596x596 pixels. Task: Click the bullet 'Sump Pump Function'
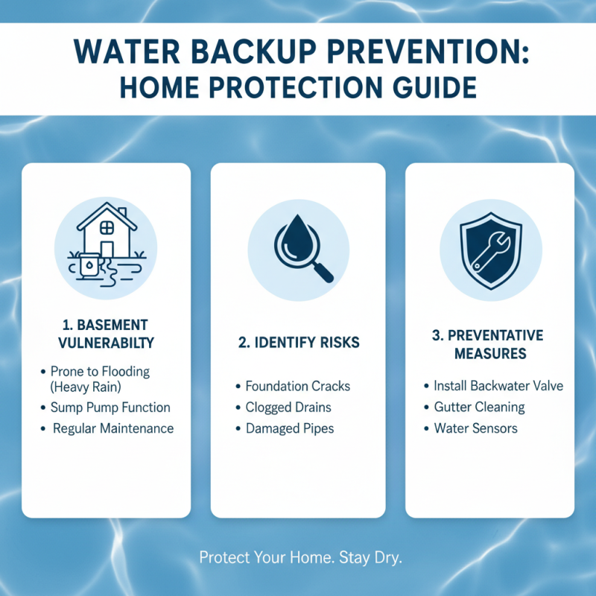point(110,408)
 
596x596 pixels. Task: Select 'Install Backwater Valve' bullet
point(498,386)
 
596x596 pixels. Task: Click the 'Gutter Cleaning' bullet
point(479,408)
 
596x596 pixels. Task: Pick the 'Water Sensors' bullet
point(475,428)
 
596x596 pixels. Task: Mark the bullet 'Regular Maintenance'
point(113,428)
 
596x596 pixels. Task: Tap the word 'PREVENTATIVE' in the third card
point(498,335)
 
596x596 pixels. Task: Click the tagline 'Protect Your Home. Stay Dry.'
point(301,557)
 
